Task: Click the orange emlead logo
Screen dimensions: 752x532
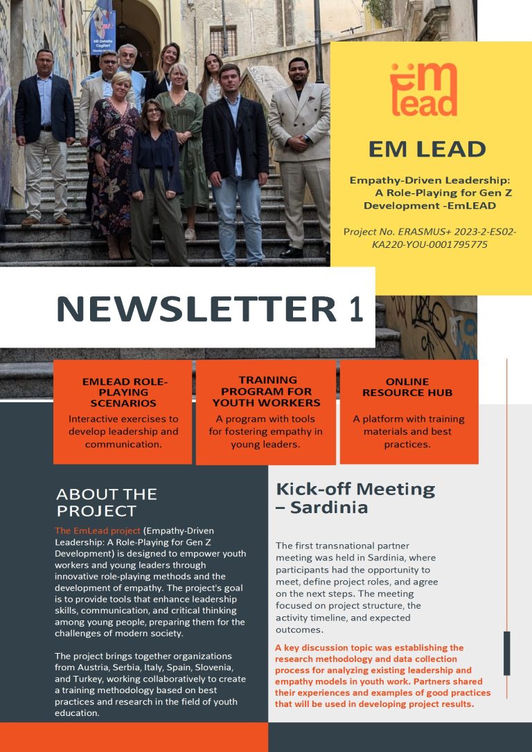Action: point(423,89)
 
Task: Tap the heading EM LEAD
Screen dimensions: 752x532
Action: point(427,148)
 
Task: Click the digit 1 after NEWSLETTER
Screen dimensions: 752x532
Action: point(355,309)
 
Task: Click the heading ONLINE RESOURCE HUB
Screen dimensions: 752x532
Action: point(409,387)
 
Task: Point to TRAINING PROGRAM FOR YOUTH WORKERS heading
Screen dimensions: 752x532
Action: point(266,391)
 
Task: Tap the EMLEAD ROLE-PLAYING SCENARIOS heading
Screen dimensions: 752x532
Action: point(123,392)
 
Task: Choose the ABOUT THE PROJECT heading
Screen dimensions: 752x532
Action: point(106,503)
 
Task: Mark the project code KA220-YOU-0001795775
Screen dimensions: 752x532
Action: point(429,244)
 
